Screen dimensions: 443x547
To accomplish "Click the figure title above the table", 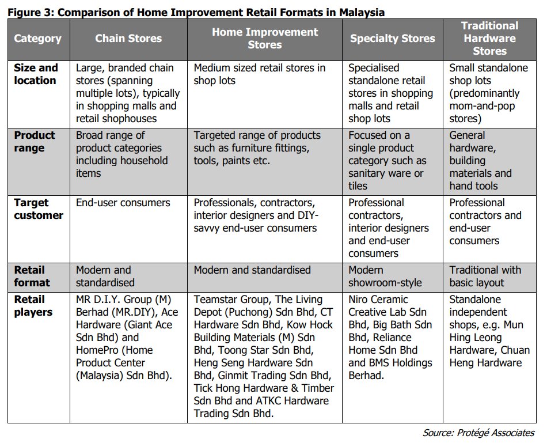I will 196,12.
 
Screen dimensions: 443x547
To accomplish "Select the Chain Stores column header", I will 128,39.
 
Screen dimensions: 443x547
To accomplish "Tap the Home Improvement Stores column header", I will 265,38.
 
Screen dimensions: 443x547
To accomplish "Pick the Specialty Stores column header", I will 393,39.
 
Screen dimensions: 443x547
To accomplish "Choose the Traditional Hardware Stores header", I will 489,38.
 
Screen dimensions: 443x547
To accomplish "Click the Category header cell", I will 37,39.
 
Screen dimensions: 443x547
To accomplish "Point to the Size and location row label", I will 36,74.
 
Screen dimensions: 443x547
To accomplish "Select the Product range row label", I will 35,142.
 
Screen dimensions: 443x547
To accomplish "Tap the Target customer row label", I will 39,209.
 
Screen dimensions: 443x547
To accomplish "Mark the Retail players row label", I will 33,306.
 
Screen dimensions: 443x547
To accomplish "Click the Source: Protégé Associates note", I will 478,433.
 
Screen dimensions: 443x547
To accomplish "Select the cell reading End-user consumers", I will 123,203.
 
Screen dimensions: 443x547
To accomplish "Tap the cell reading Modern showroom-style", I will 385,277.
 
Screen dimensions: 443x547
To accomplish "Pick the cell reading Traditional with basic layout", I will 485,277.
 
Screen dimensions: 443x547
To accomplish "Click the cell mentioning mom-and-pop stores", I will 488,93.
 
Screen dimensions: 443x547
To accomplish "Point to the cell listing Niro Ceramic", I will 390,338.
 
